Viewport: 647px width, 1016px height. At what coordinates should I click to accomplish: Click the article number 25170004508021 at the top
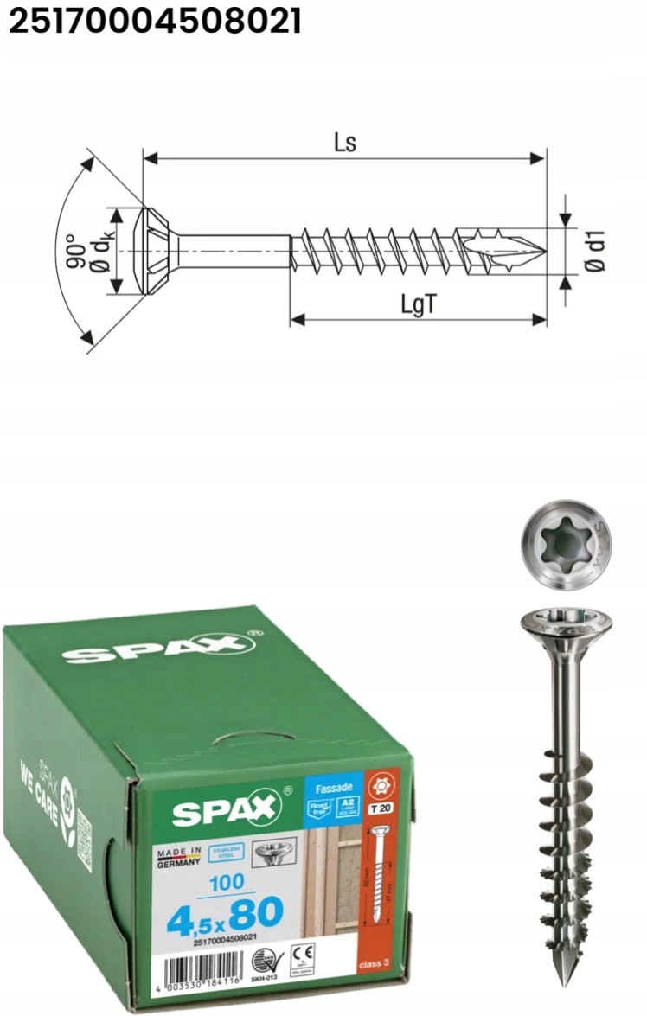(x=155, y=22)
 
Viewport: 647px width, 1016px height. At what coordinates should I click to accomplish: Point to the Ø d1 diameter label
(x=596, y=252)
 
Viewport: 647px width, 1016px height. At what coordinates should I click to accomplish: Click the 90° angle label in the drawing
(x=73, y=251)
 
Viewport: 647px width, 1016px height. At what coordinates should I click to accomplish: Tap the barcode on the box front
(x=196, y=969)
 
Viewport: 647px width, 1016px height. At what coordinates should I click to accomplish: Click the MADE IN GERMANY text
(x=179, y=857)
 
